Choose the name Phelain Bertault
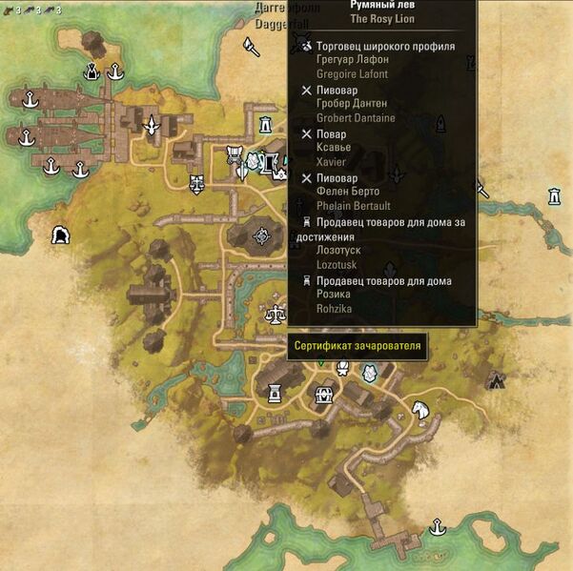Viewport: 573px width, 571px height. coord(354,206)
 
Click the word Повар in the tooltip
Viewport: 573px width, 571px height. coord(332,134)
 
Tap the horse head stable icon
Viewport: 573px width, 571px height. coord(420,412)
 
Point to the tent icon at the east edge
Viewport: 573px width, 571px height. coord(496,381)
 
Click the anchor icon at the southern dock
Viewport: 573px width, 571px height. coord(437,525)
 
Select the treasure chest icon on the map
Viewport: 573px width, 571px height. coord(324,393)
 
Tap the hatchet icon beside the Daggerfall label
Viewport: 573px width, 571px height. coord(251,46)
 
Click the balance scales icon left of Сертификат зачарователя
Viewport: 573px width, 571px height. coord(276,312)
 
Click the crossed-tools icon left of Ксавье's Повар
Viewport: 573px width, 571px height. coord(306,134)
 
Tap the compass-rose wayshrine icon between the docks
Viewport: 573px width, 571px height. coord(151,125)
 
